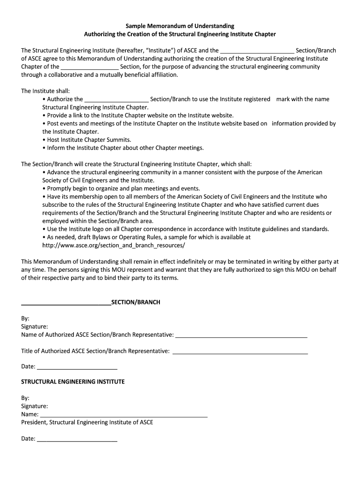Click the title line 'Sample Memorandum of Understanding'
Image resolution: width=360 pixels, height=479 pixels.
click(180, 26)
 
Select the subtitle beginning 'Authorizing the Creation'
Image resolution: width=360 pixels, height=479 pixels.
click(180, 34)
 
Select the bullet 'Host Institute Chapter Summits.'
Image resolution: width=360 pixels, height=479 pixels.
click(89, 139)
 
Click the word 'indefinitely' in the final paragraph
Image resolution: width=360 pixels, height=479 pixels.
click(186, 261)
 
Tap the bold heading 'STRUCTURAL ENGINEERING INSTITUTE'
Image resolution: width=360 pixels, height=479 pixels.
click(73, 382)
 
